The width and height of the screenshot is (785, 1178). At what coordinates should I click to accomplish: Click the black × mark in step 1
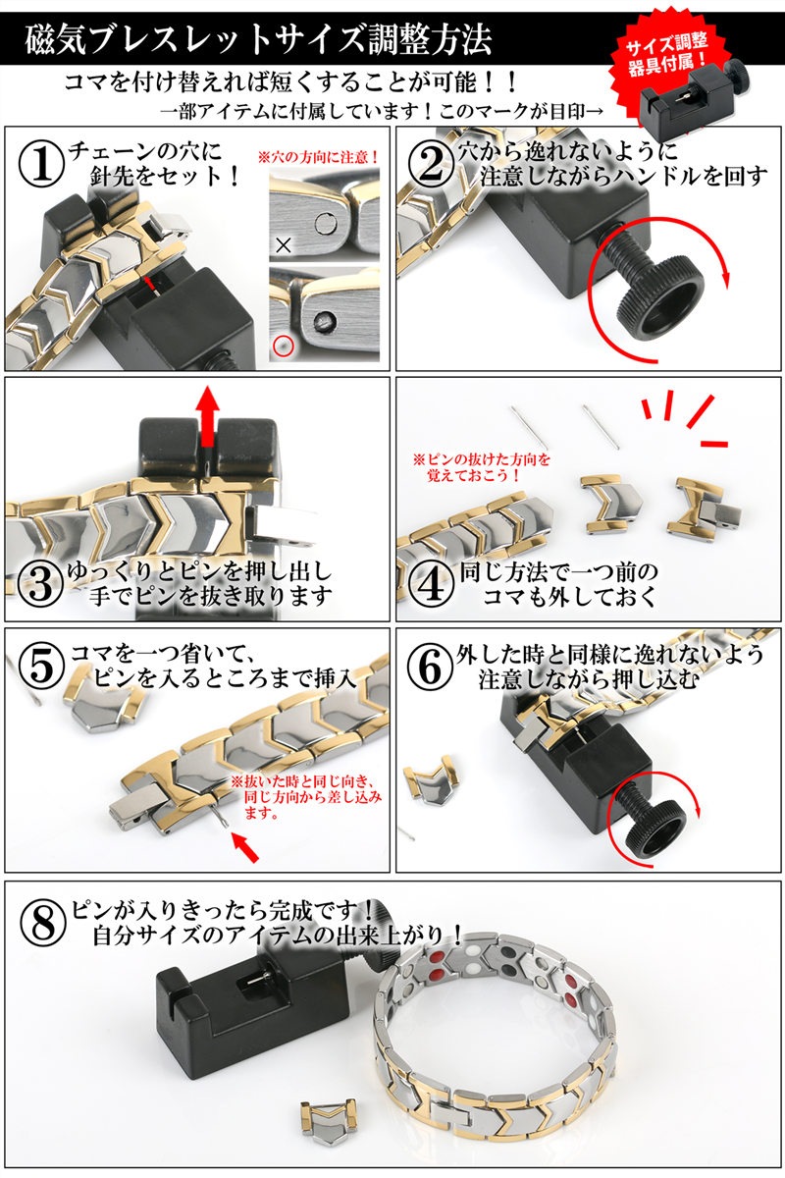point(284,245)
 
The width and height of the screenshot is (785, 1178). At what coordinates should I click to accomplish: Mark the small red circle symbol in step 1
point(284,346)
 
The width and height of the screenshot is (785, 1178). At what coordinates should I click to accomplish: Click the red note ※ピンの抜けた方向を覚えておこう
point(481,465)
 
